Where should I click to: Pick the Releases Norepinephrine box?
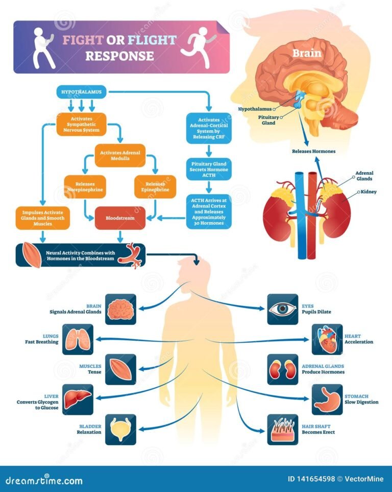coord(85,186)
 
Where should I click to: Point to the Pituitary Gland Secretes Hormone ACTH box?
coord(209,169)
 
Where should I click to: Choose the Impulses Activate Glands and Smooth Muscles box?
coord(43,217)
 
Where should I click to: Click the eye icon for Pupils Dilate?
coord(283,309)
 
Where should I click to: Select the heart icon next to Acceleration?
coord(327,339)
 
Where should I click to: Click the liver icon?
coord(78,399)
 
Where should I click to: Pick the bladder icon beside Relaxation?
coord(121,428)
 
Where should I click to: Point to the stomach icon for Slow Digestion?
coord(327,399)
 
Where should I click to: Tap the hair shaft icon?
coord(283,428)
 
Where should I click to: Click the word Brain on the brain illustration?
coord(307,53)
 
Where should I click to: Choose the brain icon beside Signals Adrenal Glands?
coord(121,309)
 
